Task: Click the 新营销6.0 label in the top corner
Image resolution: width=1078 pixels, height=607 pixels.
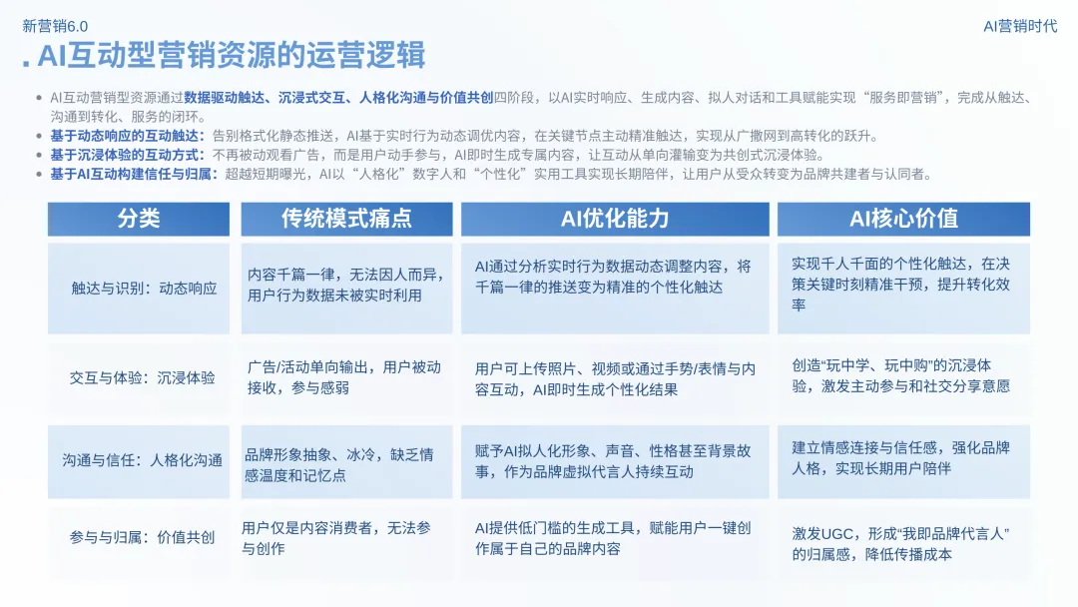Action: pos(55,26)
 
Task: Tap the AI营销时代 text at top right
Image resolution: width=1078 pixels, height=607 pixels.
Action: pos(1020,26)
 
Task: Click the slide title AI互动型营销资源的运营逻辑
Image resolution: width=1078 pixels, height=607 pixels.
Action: pos(231,56)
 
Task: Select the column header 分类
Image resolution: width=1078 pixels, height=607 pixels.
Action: pos(138,219)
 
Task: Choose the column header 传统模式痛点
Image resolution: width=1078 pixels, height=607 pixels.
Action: pos(346,219)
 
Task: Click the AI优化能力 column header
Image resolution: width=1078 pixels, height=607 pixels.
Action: pos(615,219)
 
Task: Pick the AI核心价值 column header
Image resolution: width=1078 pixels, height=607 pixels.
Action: pos(903,219)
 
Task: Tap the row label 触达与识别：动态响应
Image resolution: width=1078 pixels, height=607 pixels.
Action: pos(144,288)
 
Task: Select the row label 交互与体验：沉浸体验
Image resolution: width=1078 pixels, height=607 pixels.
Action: pos(142,378)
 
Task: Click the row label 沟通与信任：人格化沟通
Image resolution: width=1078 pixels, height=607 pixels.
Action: pos(142,460)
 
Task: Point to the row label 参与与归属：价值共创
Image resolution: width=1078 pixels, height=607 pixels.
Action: pos(142,537)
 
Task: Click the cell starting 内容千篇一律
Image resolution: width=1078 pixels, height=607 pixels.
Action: pos(346,285)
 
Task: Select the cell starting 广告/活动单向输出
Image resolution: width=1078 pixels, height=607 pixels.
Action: pos(344,376)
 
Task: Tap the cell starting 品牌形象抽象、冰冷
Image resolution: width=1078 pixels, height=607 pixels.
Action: pos(339,465)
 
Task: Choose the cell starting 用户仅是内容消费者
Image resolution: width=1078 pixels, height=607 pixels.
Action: pos(336,537)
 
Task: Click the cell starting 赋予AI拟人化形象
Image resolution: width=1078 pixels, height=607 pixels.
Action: pos(615,461)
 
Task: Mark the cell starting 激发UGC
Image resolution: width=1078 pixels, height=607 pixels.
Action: pos(901,544)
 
